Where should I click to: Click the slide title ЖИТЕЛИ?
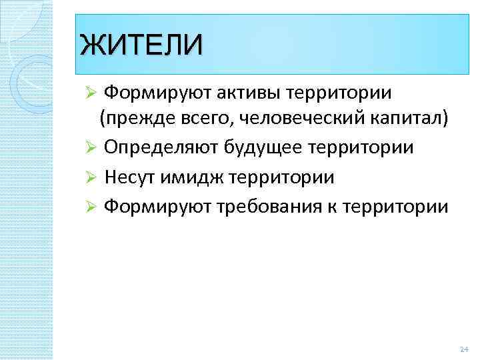(x=139, y=45)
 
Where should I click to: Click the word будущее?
(x=283, y=147)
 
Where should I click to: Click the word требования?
(x=287, y=206)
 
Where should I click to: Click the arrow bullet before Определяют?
(x=93, y=148)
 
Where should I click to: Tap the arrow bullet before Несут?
(x=93, y=177)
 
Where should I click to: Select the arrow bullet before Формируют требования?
(x=93, y=207)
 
